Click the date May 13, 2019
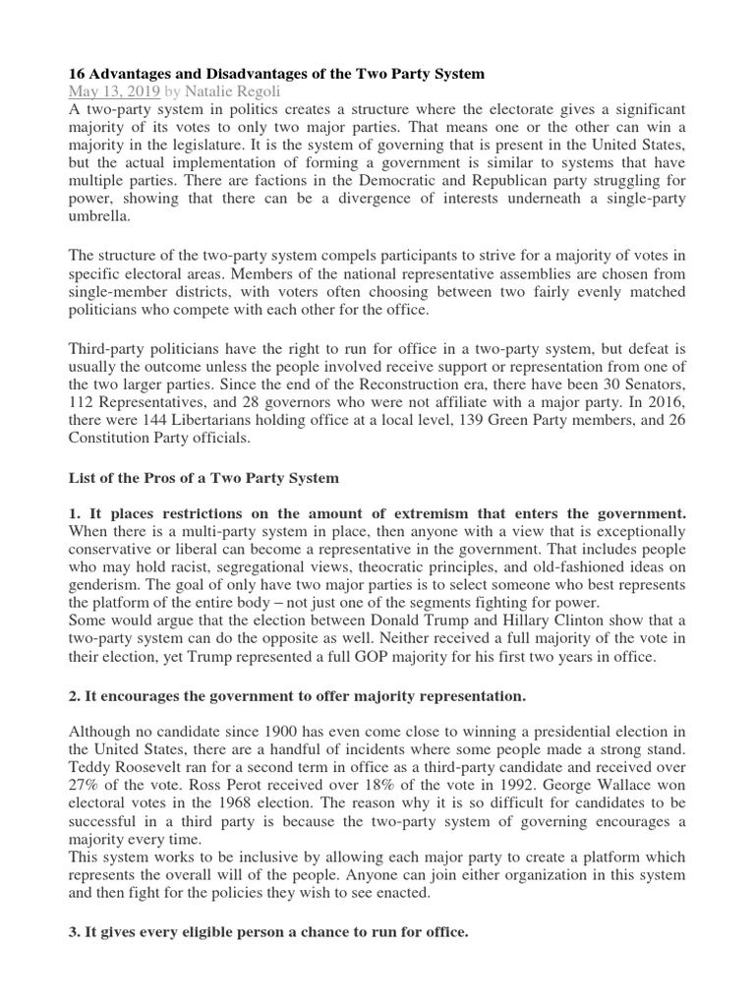point(112,91)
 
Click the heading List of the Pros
point(202,478)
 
